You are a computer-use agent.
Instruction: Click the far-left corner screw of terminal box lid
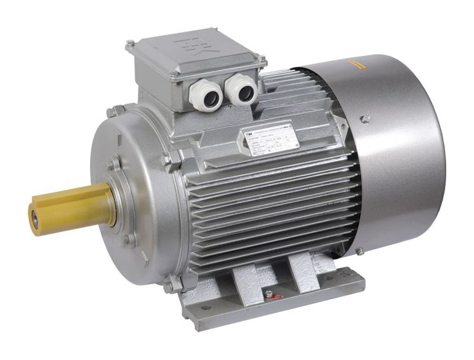130,43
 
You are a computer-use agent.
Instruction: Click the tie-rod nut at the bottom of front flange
169,285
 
